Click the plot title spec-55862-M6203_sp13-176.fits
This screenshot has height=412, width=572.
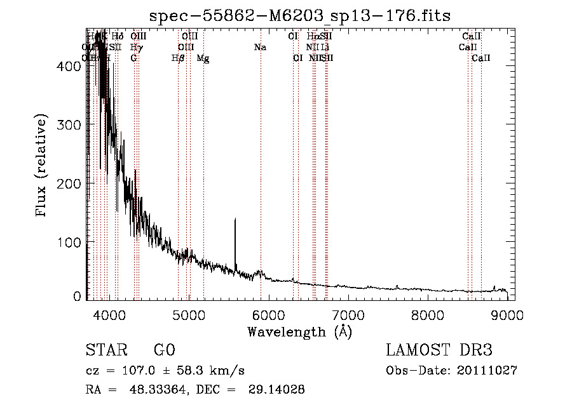[299, 16]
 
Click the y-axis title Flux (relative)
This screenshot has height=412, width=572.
[42, 166]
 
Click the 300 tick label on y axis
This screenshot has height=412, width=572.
[71, 125]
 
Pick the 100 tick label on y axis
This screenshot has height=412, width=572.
[71, 243]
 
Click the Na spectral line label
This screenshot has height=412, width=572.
[259, 48]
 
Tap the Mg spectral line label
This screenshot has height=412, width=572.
[203, 58]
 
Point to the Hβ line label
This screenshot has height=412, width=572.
[178, 58]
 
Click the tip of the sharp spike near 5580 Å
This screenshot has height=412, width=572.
[235, 219]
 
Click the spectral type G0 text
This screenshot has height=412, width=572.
[164, 350]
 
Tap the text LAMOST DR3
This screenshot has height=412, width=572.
[439, 350]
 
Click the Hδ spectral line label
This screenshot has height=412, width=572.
[118, 37]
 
